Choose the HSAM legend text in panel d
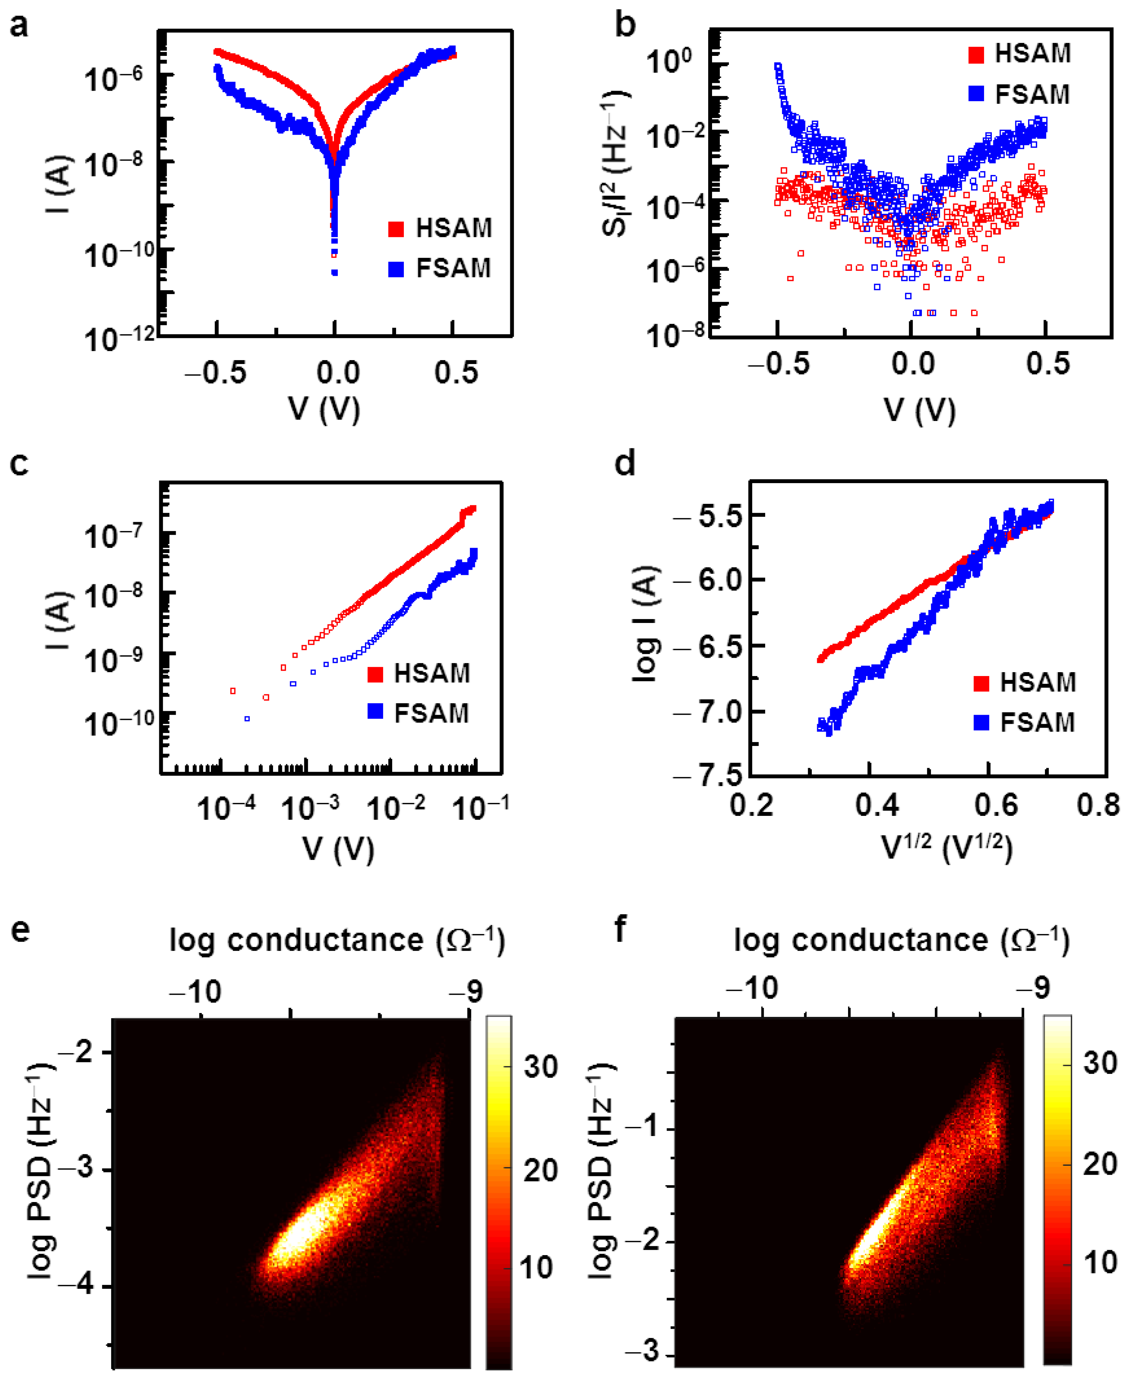click(x=1037, y=682)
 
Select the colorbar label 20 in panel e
click(x=540, y=1171)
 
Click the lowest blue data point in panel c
click(x=247, y=719)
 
